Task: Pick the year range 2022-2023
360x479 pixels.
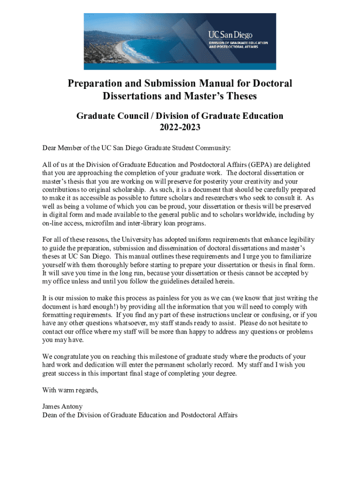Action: [180, 127]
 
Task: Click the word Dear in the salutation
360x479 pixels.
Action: [50, 148]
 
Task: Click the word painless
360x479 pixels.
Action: [163, 298]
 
